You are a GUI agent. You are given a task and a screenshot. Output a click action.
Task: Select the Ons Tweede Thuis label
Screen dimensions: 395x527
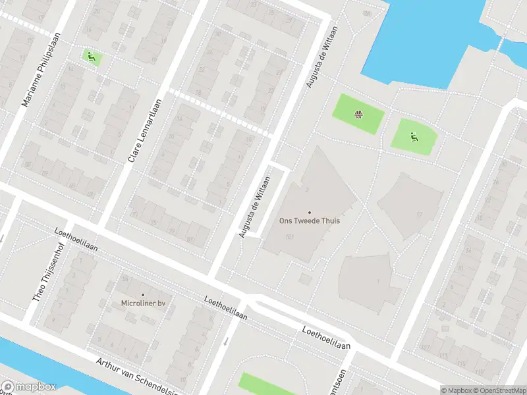pos(310,221)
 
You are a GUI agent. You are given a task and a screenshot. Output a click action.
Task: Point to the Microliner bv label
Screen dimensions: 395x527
pos(142,303)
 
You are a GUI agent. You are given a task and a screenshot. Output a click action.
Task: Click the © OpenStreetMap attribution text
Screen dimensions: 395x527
pos(501,390)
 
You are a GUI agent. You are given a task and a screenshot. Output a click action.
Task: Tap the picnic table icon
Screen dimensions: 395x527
pos(358,115)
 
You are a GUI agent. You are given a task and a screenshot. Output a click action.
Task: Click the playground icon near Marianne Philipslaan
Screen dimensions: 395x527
pos(91,57)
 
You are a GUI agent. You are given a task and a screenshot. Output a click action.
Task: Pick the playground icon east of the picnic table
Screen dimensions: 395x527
pos(414,137)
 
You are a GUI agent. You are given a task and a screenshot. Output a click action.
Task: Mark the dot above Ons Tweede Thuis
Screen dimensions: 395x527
pos(310,212)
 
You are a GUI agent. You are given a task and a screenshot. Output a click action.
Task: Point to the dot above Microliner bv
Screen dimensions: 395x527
pos(142,294)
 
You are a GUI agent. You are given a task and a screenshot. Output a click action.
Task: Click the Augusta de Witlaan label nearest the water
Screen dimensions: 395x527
pos(322,57)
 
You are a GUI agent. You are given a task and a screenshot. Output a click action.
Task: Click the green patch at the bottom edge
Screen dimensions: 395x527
pos(267,384)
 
